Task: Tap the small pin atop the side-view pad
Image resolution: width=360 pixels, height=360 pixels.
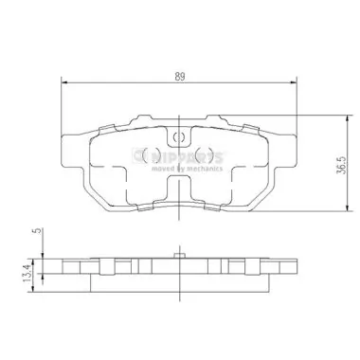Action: (x=179, y=252)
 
